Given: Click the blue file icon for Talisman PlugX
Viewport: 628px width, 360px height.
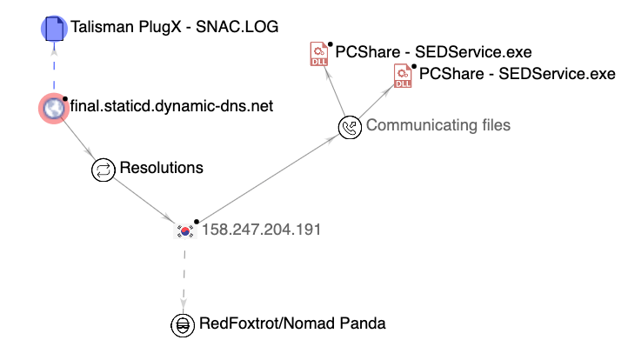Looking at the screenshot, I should (55, 29).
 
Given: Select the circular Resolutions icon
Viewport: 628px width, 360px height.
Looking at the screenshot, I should (104, 168).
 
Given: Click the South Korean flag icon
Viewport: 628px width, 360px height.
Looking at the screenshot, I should (184, 230).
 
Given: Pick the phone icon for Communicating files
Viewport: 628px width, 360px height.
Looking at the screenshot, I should (350, 126).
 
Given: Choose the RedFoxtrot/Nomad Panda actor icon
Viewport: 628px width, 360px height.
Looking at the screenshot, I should (183, 324).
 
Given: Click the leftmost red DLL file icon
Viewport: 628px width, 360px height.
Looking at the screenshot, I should (319, 54).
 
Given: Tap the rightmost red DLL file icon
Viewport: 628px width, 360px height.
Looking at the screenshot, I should (404, 76).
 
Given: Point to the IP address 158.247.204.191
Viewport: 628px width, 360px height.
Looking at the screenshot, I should (262, 230).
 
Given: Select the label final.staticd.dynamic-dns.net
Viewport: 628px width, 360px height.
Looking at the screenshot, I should (172, 107).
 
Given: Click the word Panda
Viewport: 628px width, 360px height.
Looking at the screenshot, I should (362, 324).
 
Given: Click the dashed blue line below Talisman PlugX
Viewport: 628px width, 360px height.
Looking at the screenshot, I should (54, 68).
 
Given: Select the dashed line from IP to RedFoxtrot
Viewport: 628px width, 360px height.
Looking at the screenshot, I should (184, 277).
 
